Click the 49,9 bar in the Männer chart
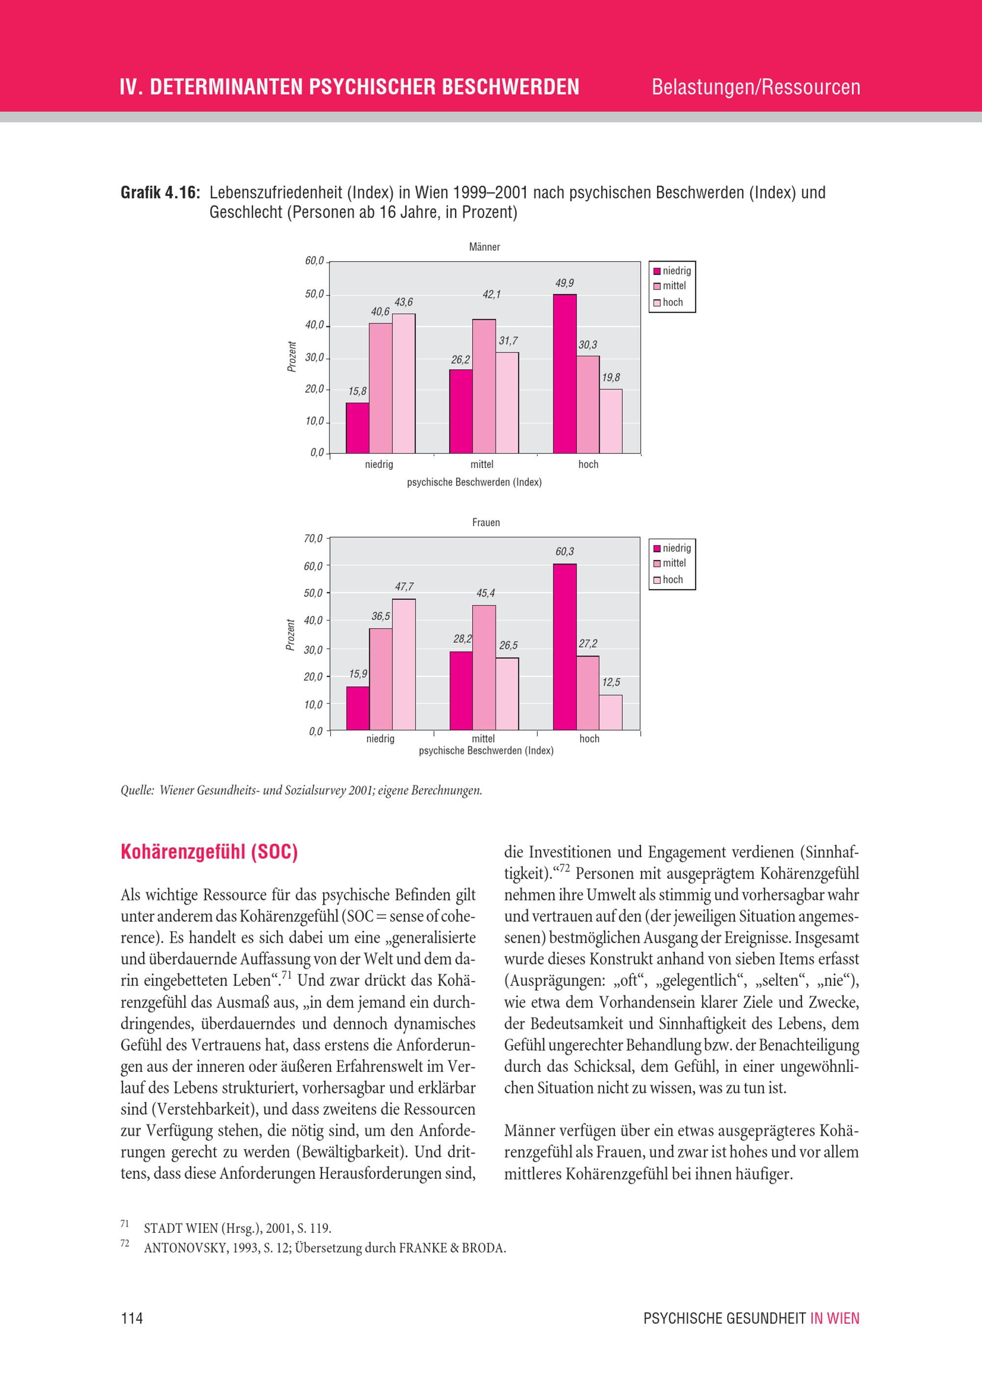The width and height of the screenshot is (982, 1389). coord(565,374)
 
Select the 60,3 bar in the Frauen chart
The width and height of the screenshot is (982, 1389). coord(565,647)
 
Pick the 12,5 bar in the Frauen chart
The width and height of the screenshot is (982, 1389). coord(610,712)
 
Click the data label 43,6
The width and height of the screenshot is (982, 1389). coord(404,302)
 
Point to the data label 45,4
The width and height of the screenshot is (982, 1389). coord(485,593)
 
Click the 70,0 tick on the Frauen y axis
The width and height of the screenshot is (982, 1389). coord(313,538)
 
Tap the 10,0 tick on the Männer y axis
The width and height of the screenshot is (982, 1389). coord(314,421)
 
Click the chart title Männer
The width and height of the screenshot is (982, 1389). coord(484,247)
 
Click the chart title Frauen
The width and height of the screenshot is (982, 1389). coord(486,522)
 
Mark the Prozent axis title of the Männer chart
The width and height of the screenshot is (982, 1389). coord(292,356)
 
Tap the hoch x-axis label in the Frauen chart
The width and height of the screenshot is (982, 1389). coord(589,739)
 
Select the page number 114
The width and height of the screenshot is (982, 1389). coord(132,1318)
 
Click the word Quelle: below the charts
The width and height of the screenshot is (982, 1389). coord(137,790)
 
